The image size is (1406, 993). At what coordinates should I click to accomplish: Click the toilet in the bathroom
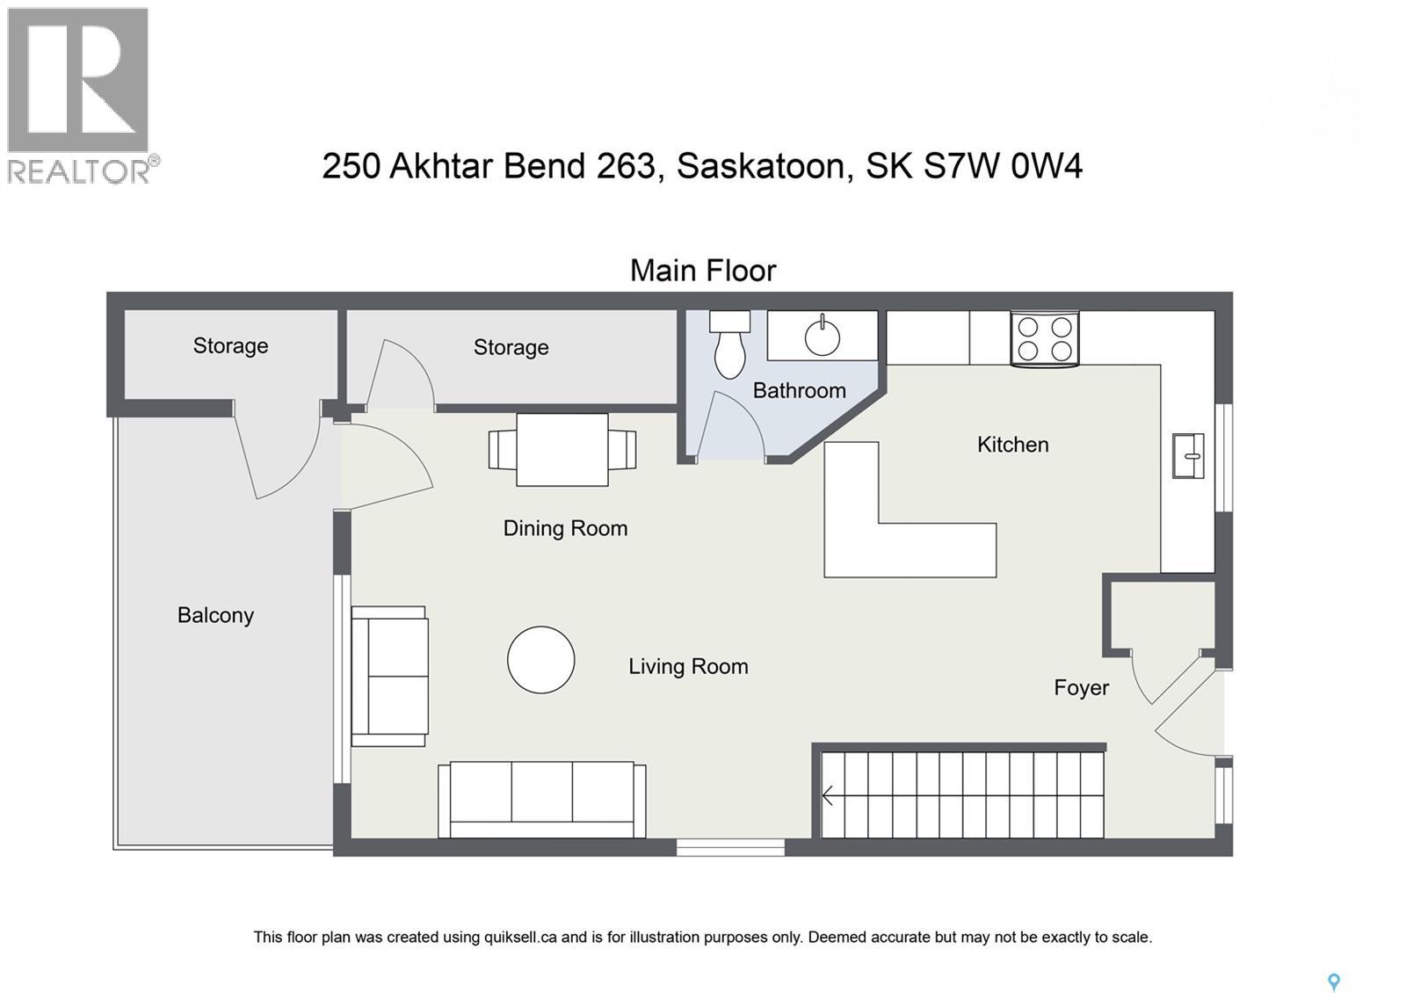point(729,346)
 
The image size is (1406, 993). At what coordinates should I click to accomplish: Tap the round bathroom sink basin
point(823,336)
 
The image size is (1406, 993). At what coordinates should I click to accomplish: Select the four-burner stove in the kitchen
point(1044,338)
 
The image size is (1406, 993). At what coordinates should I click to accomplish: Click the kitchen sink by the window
point(1188,456)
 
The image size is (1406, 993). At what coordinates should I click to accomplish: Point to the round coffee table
point(540,660)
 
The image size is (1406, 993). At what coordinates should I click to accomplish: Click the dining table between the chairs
point(562,449)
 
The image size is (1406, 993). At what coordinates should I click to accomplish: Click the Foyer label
point(1081,688)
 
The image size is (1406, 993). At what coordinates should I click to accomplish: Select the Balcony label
point(215,615)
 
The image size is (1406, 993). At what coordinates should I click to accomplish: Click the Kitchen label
point(1012,445)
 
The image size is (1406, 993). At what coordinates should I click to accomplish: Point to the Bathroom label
point(799,390)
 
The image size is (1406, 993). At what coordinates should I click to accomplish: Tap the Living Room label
point(688,666)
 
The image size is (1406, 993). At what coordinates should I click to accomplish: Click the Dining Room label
point(565,528)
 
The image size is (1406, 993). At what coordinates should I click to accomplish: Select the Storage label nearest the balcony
point(230,345)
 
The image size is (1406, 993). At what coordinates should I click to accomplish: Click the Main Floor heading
point(703,271)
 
